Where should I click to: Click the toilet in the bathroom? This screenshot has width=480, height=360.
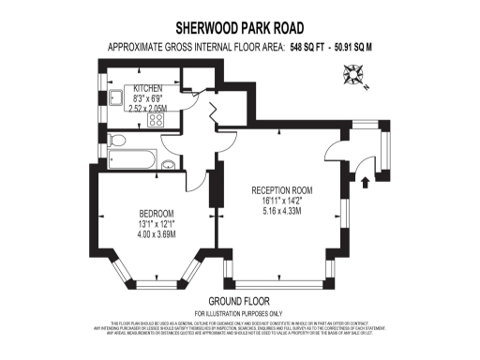click(116, 141)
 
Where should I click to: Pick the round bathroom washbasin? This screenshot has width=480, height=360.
click(168, 166)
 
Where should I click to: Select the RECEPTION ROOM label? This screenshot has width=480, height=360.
click(281, 189)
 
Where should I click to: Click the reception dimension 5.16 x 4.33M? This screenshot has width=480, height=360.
click(281, 210)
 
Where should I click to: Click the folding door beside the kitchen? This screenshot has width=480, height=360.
click(211, 114)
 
